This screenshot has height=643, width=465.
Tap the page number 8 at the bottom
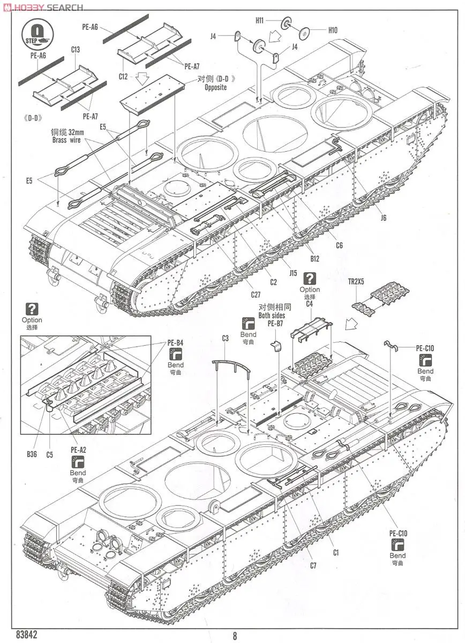point(234,636)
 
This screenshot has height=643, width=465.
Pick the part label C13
point(75,50)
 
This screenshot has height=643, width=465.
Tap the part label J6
point(383,218)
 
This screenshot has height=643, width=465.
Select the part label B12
point(314,259)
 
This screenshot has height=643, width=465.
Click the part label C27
point(257,294)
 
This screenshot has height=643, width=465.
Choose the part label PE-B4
point(175,342)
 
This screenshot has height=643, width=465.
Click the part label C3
point(225,338)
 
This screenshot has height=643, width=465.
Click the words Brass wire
point(66,140)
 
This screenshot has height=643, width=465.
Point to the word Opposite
point(215,87)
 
